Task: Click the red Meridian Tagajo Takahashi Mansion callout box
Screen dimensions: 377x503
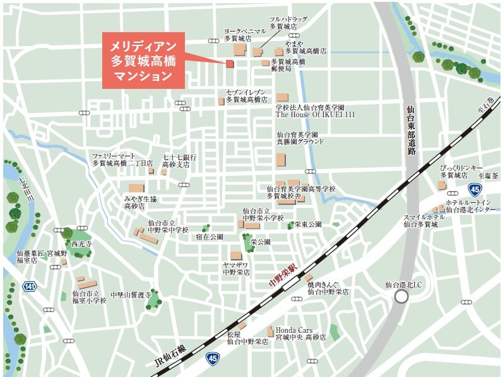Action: [144, 61]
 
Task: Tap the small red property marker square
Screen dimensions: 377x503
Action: [230, 64]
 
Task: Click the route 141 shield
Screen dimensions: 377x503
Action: [29, 287]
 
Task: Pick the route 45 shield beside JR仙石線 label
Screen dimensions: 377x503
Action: [213, 358]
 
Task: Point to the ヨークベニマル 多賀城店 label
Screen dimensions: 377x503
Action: [245, 35]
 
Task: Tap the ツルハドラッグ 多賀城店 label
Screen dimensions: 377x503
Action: [287, 23]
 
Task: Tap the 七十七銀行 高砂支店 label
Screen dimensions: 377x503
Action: [179, 160]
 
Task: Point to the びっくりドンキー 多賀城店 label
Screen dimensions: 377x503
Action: [461, 171]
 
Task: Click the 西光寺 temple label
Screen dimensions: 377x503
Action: [82, 243]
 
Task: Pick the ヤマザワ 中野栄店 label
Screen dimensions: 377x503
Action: [237, 269]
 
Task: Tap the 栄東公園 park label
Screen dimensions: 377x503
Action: [308, 224]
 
